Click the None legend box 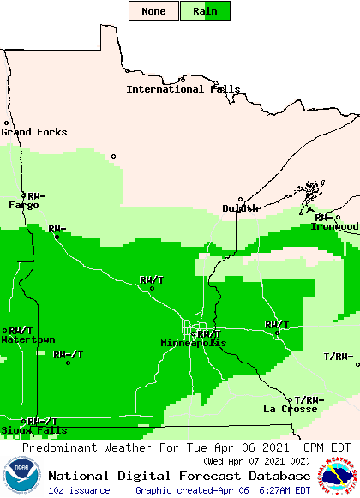tap(154, 11)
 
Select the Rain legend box tap(206, 11)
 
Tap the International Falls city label tap(177, 89)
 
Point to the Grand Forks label tap(28, 132)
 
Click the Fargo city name tap(24, 205)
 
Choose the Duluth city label tap(240, 208)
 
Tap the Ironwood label tap(336, 226)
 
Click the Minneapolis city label tap(194, 343)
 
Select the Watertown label tap(28, 339)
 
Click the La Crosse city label tap(290, 409)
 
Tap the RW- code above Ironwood tap(324, 218)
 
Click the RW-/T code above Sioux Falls tap(42, 421)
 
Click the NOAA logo tap(21, 477)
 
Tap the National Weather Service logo tap(339, 475)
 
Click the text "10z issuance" tap(79, 490)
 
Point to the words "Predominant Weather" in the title tap(79, 448)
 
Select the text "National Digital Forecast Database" tap(179, 476)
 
